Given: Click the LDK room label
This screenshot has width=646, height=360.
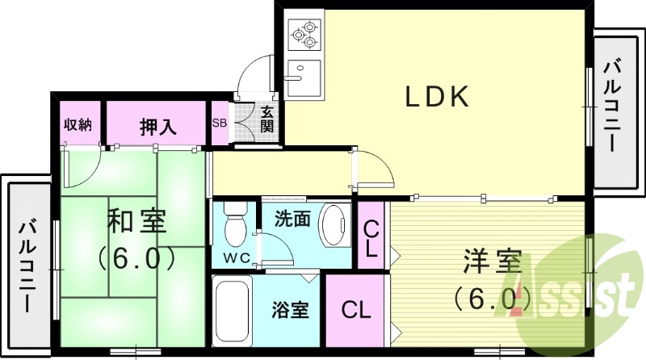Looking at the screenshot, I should pos(437,97).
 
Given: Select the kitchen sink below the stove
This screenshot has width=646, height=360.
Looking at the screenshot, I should pos(304,74).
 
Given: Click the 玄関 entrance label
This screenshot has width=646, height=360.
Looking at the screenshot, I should pos(266,120).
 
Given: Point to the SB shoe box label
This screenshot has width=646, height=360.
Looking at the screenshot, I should pos(219,123).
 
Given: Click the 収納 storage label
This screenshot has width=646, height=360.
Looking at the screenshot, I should pos(78,124).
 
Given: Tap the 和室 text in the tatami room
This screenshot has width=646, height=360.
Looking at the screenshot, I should pos(137,220).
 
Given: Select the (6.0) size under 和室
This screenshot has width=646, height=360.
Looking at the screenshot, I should pos(136,257).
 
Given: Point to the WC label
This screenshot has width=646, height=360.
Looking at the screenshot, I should pos(235,258).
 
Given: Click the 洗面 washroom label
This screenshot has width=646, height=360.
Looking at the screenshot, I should pos(292,218).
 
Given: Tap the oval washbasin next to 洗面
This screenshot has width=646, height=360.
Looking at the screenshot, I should pos(332,225).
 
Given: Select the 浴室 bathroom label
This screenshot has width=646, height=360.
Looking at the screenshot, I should pos(291,310).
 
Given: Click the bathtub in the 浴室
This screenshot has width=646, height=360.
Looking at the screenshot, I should pos(233,312).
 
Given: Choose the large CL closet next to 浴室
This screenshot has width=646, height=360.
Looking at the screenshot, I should pos(355,310).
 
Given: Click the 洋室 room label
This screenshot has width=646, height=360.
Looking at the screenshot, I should pos(492,263).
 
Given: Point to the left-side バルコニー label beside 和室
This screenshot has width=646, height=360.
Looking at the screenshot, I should pos(27,266).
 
